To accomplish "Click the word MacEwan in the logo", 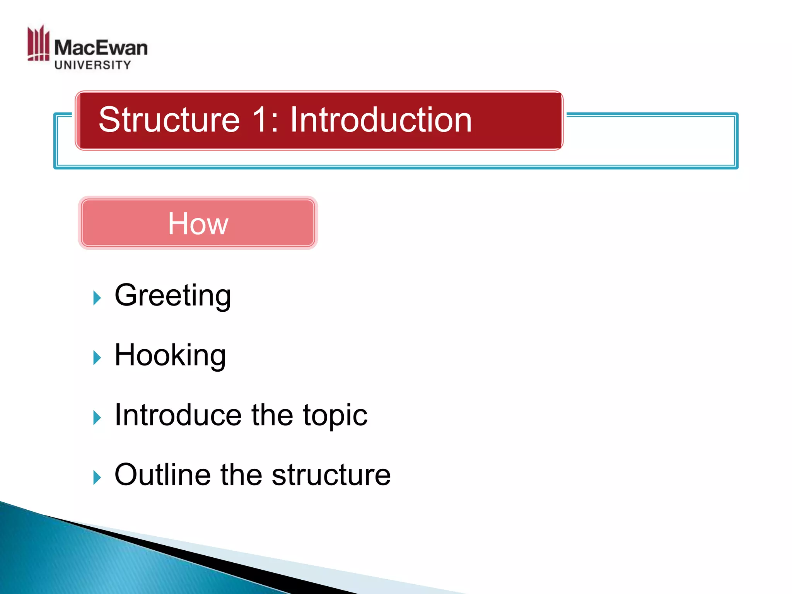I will (x=101, y=48).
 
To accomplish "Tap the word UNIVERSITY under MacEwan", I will (x=93, y=65).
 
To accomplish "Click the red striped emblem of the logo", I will (x=38, y=43).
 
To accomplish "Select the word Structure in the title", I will (x=169, y=120).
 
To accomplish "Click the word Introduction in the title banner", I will (x=381, y=120).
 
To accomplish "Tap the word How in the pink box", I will (x=198, y=224).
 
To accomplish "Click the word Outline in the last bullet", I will (x=162, y=475).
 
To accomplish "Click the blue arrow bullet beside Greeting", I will (x=97, y=298).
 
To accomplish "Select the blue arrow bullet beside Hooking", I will (x=97, y=358).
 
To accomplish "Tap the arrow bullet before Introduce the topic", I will (x=97, y=418).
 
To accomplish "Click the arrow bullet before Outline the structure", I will (x=97, y=477).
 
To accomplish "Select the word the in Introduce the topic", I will (x=272, y=415).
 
